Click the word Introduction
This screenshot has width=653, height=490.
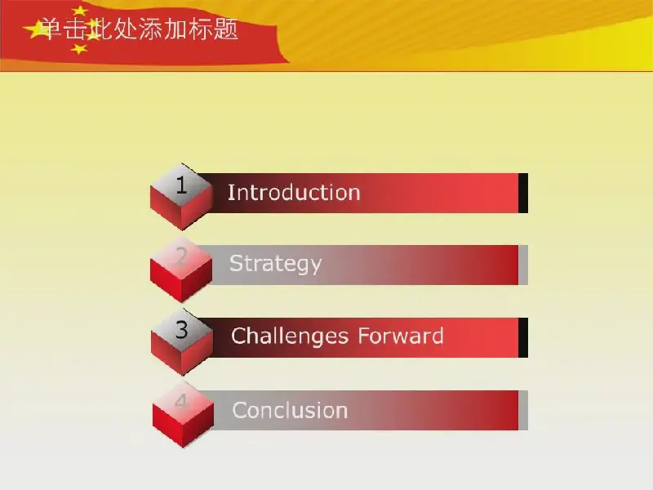[x=294, y=193]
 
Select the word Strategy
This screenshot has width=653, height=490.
[x=275, y=264]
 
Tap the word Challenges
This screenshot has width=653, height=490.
[x=290, y=336]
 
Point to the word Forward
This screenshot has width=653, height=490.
[x=401, y=336]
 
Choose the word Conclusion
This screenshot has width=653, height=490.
[x=290, y=411]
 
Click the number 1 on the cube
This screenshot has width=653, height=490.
[x=181, y=185]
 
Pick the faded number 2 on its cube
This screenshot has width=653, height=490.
[x=181, y=256]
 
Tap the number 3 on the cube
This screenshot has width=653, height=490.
[x=181, y=330]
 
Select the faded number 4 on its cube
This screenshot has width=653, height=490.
[x=181, y=401]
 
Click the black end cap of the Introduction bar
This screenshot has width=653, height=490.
[x=523, y=194]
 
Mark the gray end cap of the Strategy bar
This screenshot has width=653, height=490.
[x=523, y=265]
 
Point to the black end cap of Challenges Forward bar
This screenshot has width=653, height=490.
[x=523, y=337]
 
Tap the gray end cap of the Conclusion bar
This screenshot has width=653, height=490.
[x=523, y=411]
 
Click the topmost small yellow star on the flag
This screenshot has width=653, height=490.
[x=79, y=11]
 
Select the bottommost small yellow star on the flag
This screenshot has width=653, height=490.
[x=79, y=49]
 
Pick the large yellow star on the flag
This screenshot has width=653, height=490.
[x=35, y=29]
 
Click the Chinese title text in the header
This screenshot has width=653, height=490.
[x=140, y=29]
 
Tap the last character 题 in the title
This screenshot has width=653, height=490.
[x=226, y=29]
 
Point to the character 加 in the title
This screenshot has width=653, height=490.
[x=175, y=29]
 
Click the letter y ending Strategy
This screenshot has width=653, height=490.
[x=316, y=267]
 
